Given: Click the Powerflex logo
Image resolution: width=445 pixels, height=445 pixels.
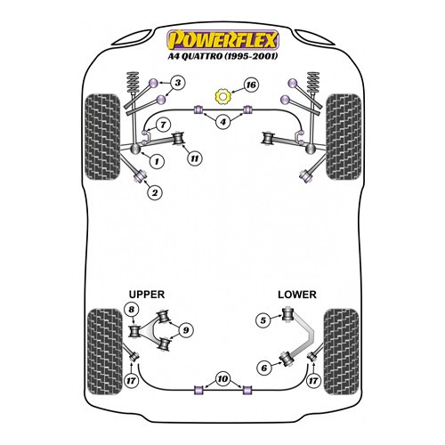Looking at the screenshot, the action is click(x=222, y=39).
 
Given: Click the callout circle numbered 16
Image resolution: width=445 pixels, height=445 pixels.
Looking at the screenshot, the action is click(x=251, y=85).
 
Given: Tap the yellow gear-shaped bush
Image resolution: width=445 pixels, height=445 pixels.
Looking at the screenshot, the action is click(x=222, y=96).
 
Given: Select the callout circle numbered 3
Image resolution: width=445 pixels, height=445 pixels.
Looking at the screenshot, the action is click(x=177, y=83).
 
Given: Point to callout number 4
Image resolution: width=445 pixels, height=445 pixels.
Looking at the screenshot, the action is click(x=222, y=121).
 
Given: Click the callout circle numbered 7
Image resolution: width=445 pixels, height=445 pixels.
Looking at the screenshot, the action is click(x=163, y=125).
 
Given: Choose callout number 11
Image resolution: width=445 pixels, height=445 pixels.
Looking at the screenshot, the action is click(x=194, y=158).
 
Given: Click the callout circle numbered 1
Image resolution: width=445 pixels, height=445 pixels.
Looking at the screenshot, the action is click(x=157, y=161).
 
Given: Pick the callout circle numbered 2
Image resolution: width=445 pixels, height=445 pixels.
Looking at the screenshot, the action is click(x=155, y=193).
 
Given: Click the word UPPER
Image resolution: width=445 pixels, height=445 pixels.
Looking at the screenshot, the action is click(x=147, y=295).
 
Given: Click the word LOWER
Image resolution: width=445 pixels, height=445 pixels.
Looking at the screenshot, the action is click(x=297, y=295).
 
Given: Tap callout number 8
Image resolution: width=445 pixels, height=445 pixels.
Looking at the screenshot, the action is click(x=132, y=310).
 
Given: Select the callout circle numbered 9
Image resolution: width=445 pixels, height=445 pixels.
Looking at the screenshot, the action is click(x=186, y=330).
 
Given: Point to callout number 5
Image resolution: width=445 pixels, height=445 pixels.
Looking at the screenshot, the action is click(x=263, y=320).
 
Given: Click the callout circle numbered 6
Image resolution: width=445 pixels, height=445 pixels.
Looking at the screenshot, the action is click(x=264, y=368).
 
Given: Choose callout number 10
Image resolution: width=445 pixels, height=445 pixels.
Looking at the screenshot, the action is click(x=222, y=379).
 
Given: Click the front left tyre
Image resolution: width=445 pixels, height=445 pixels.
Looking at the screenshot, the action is click(x=102, y=137).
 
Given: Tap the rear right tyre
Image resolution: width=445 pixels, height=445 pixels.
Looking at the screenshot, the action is click(x=341, y=352).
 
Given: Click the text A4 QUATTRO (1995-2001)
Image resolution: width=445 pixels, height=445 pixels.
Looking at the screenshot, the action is click(x=222, y=56).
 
